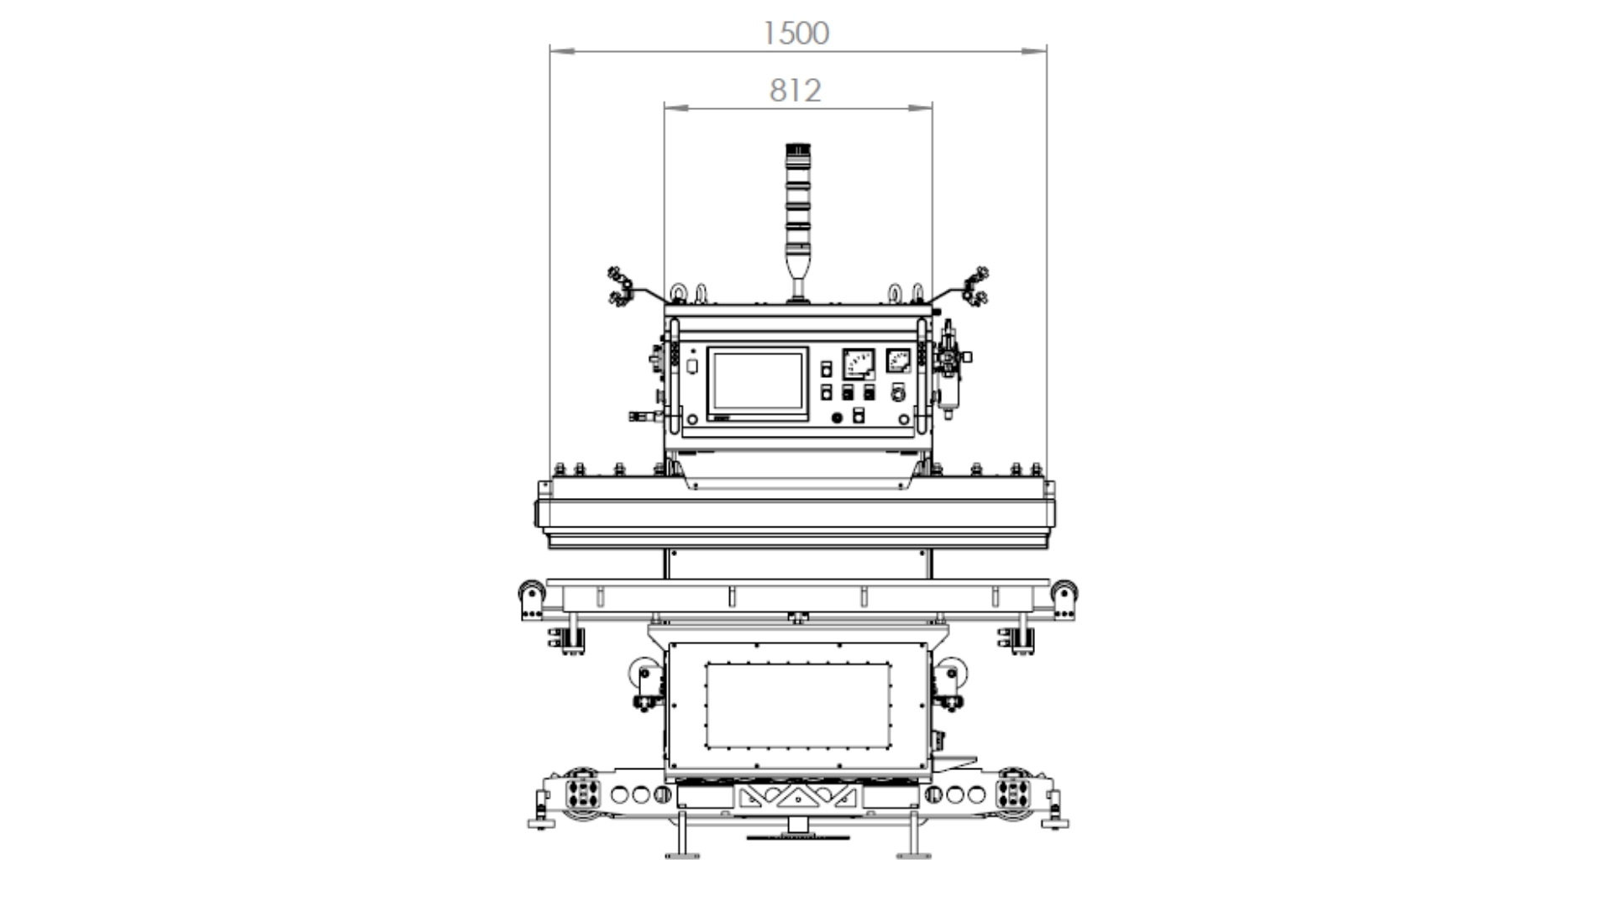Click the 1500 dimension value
[x=796, y=33]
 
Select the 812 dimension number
[x=795, y=91]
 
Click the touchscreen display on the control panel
[x=758, y=384]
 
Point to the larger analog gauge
[x=859, y=364]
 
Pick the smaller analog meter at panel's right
[x=899, y=360]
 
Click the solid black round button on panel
[x=837, y=417]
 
